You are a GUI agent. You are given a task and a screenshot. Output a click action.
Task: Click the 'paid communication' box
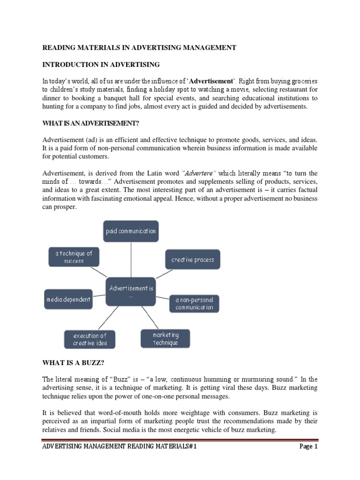click(x=131, y=232)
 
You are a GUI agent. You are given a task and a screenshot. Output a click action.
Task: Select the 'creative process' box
click(x=192, y=260)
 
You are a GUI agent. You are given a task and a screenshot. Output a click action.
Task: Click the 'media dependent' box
click(x=68, y=300)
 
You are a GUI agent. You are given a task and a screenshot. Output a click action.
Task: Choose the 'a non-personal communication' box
click(x=194, y=303)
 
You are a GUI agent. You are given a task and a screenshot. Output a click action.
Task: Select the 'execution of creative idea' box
click(x=90, y=339)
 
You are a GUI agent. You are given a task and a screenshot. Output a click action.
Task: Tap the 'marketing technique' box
click(x=165, y=338)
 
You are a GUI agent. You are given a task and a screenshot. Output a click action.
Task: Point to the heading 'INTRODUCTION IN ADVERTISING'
click(x=101, y=64)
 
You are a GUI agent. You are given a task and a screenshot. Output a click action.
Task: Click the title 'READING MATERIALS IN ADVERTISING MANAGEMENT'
click(x=140, y=47)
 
